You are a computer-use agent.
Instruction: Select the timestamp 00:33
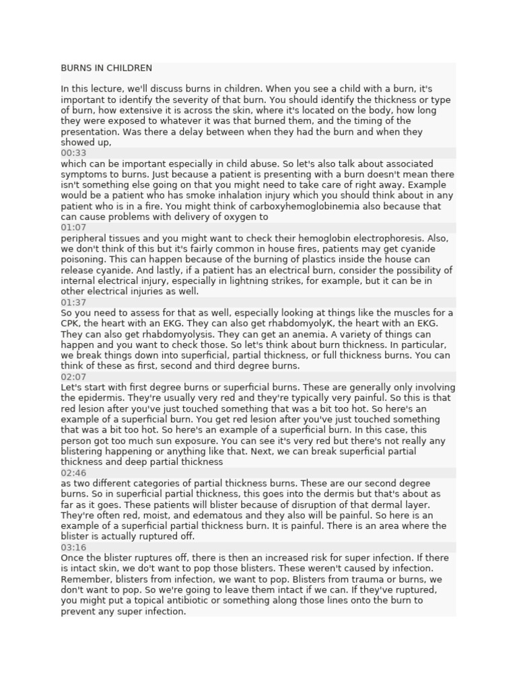point(73,153)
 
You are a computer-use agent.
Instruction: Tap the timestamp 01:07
point(73,227)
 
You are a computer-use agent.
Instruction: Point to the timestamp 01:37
point(73,302)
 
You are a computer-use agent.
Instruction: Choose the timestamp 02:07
point(73,377)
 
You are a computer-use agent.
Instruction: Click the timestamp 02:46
point(73,473)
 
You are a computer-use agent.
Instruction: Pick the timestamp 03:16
point(73,548)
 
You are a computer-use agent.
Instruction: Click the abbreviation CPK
point(71,324)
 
